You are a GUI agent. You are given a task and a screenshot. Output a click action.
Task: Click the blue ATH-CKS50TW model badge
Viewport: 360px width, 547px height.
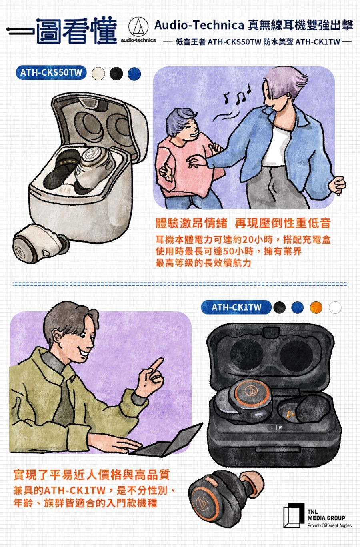51,72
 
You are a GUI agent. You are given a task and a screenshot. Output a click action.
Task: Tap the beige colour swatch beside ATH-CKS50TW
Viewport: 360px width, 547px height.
98,74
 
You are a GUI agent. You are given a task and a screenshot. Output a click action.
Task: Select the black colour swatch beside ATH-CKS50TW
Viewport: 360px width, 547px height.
116,74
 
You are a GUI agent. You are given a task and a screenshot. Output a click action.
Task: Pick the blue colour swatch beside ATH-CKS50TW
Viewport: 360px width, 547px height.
134,74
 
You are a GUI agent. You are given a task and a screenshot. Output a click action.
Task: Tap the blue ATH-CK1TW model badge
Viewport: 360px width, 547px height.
236,307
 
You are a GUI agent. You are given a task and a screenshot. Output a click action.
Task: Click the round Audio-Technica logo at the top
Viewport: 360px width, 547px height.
138,27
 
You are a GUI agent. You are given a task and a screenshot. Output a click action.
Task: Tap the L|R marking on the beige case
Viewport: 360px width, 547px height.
65,190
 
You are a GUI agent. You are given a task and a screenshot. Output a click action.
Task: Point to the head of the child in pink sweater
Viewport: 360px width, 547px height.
182,124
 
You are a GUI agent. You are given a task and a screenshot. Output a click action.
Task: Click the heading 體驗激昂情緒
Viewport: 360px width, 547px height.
192,223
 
